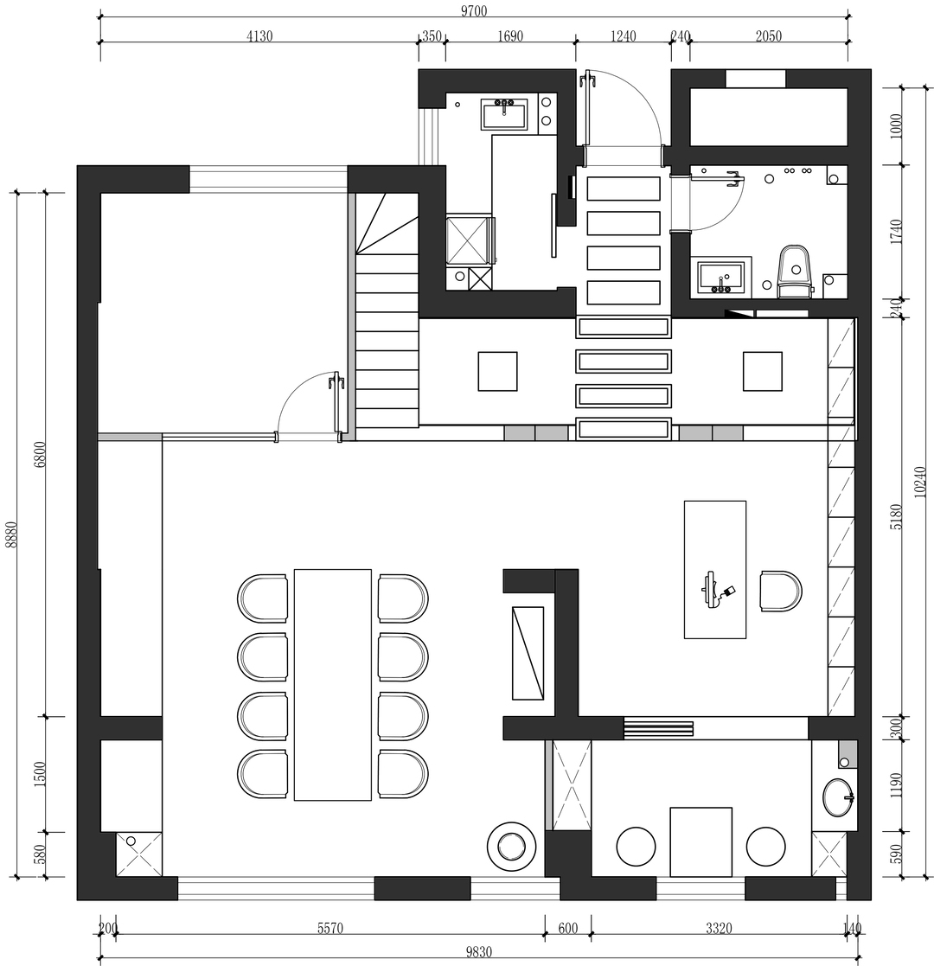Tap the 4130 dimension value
point(259,35)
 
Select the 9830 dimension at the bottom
point(479,952)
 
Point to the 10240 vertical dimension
point(920,482)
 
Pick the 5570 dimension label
point(330,928)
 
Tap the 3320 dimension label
point(719,928)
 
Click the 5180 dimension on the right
point(896,517)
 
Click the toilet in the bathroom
point(795,271)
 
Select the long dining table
point(333,684)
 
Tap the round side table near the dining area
point(510,846)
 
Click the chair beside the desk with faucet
point(781,592)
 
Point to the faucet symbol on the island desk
point(713,590)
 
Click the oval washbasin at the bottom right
point(839,798)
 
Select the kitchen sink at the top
point(504,115)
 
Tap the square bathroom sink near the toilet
point(721,278)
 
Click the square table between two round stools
point(701,842)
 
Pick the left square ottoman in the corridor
point(498,372)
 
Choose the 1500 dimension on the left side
point(40,774)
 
